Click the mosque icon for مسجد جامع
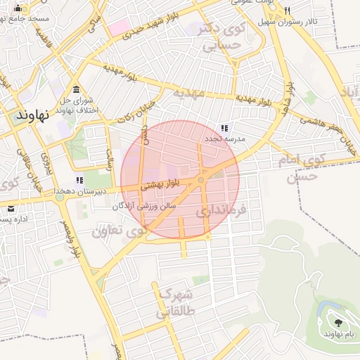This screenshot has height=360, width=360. point(18,8)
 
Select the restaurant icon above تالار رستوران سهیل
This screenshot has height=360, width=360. point(287,11)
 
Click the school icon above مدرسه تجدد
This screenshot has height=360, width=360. point(224,128)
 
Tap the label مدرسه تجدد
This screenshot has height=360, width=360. point(224,139)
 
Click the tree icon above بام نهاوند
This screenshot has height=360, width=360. point(338,323)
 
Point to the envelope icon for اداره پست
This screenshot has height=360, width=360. point(11,209)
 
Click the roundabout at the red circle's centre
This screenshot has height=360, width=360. point(201,181)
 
